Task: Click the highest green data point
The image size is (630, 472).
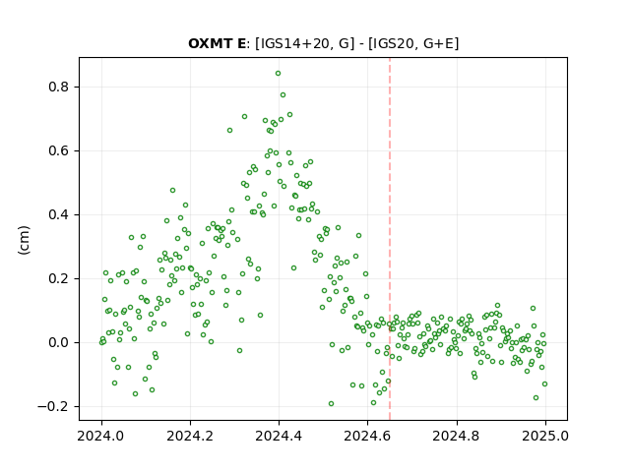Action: (x=278, y=74)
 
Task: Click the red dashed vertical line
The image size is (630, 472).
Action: (x=390, y=239)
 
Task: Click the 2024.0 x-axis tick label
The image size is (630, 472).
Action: (x=101, y=436)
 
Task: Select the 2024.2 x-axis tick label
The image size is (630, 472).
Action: (x=190, y=436)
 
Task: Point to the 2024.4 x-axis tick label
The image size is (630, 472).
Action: (x=279, y=436)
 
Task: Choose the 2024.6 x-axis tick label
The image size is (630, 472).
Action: (x=367, y=436)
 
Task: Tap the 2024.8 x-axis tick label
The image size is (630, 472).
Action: (x=456, y=436)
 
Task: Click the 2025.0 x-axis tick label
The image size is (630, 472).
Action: (x=545, y=436)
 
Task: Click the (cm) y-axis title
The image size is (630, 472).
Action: (x=24, y=240)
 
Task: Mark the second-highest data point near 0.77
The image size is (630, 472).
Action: (x=283, y=95)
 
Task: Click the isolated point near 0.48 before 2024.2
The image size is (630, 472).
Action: (x=173, y=190)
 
